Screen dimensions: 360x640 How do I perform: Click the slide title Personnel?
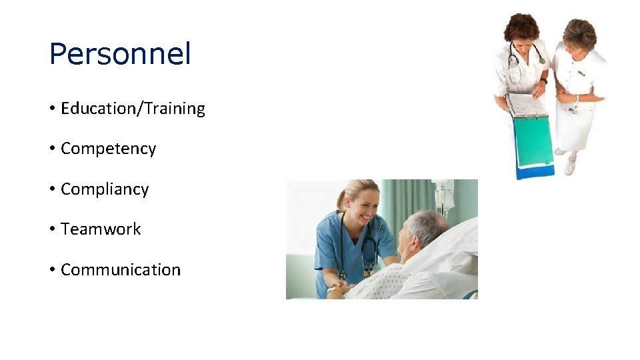click(x=120, y=54)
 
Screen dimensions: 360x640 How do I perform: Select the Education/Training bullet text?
click(x=133, y=109)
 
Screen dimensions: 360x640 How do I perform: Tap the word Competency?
click(x=108, y=149)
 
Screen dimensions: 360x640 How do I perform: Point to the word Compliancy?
click(x=105, y=189)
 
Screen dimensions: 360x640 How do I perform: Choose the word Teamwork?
click(x=101, y=229)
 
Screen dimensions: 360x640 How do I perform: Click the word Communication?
click(x=121, y=270)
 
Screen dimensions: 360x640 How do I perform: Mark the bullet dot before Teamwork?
click(x=52, y=230)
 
